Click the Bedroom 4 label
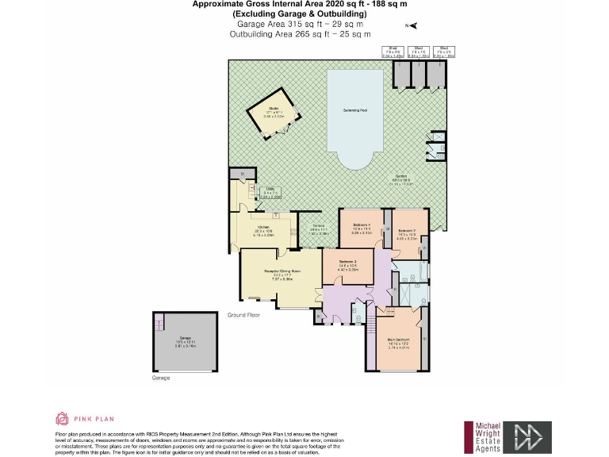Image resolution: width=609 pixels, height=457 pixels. pos(362,229)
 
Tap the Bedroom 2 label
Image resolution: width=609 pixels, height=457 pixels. pos(408,232)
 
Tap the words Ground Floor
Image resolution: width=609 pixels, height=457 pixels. pos(244,316)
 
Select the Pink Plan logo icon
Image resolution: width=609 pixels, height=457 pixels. pos(62,418)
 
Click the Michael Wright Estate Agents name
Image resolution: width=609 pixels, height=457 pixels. pos(488,438)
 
